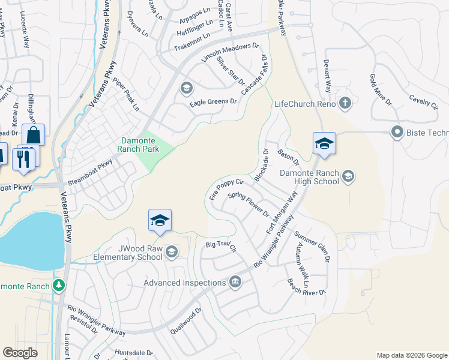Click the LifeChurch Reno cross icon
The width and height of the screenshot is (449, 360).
click(x=345, y=103)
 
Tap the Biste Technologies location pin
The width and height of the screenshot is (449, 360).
click(x=396, y=132)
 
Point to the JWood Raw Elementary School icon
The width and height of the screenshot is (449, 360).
click(x=172, y=251)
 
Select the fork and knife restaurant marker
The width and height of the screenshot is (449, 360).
click(x=23, y=159)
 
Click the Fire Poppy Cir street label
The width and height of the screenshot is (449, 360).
click(x=226, y=189)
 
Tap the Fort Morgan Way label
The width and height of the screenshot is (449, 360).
click(x=282, y=213)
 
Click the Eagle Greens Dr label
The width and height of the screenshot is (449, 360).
click(x=214, y=103)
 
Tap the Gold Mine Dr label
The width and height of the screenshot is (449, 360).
click(x=381, y=89)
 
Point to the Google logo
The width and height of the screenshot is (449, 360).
click(x=20, y=352)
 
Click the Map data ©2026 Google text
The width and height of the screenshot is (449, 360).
click(x=412, y=355)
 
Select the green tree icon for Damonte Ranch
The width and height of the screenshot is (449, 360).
click(x=58, y=285)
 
